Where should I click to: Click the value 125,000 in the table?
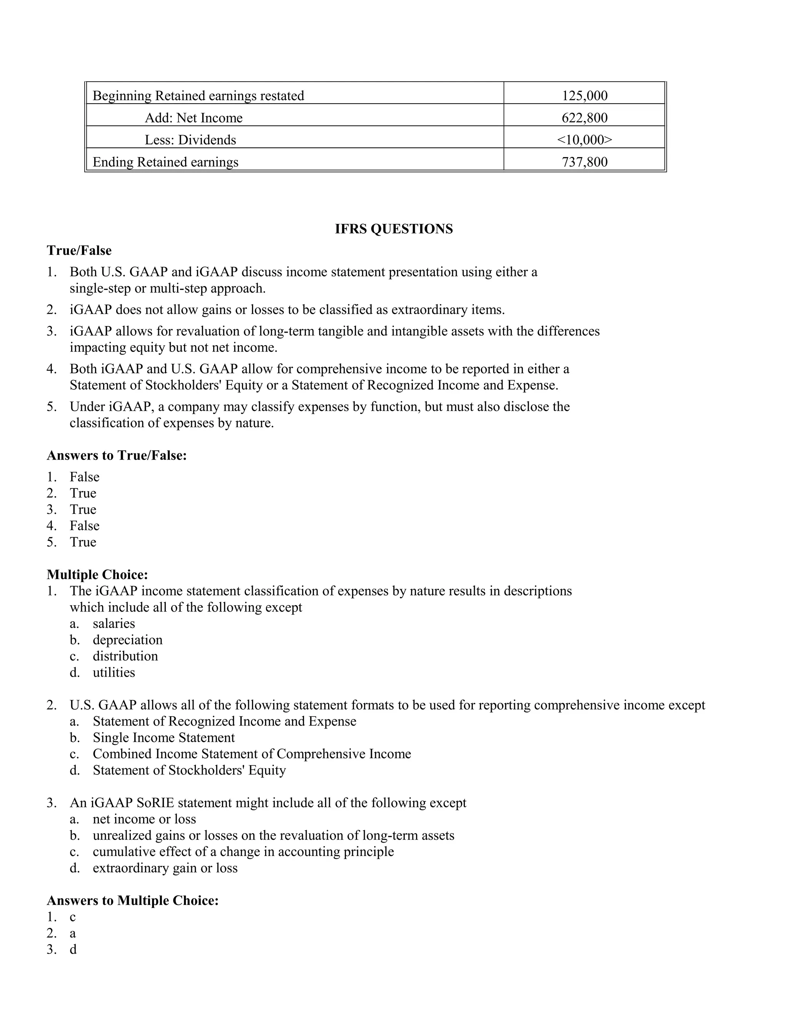click(584, 96)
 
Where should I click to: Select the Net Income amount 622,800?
click(584, 118)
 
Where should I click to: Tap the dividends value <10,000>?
click(584, 140)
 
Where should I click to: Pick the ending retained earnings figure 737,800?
click(584, 162)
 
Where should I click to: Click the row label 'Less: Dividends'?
click(190, 140)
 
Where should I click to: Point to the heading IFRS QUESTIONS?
click(394, 229)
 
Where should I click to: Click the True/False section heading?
click(79, 251)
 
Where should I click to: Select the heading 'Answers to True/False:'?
click(117, 455)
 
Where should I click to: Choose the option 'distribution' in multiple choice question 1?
click(125, 656)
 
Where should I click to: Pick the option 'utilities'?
click(114, 672)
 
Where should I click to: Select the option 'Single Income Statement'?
click(164, 737)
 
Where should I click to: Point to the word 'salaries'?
click(114, 624)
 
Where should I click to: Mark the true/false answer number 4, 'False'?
click(85, 526)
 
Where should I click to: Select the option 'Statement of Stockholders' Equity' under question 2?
click(189, 770)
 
